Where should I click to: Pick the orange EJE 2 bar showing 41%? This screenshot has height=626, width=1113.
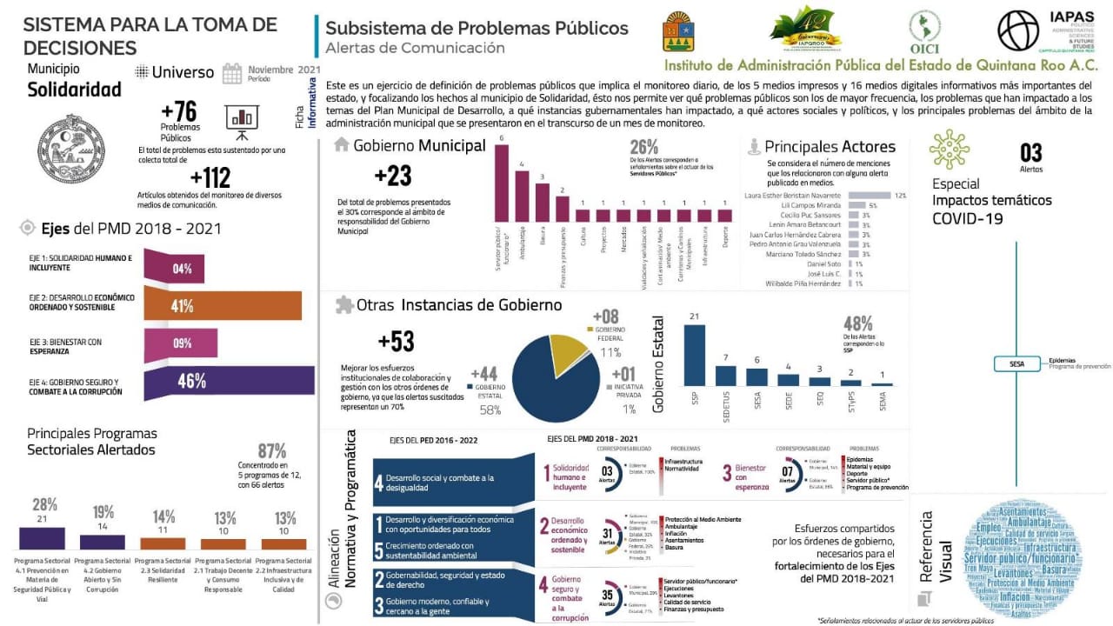(223, 305)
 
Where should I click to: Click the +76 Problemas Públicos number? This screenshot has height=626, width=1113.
(179, 111)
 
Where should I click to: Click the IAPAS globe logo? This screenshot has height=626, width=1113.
(1018, 30)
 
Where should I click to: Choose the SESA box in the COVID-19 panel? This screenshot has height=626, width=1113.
(1017, 364)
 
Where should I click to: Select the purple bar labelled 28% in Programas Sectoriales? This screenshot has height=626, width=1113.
(42, 537)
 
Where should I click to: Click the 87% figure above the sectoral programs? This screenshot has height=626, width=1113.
(271, 451)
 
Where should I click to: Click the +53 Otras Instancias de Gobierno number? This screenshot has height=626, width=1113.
(397, 341)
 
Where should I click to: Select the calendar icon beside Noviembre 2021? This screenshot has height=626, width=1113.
(232, 74)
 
